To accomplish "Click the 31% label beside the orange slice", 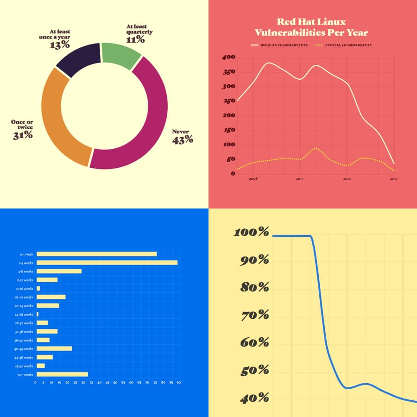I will [x=22, y=135].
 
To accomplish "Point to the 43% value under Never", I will [x=183, y=139].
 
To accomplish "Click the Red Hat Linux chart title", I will [x=311, y=27].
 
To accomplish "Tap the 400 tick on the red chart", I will [x=229, y=57].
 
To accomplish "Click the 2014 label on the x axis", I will [x=347, y=178].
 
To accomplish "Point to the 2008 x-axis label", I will [x=253, y=178].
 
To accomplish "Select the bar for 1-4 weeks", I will [x=107, y=263].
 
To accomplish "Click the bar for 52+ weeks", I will [x=62, y=374].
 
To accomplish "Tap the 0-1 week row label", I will [x=26, y=254].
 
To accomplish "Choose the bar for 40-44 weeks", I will [x=54, y=348].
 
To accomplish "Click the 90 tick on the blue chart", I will [x=178, y=383].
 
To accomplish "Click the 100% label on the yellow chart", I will [x=251, y=232].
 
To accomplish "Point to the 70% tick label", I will [x=254, y=316].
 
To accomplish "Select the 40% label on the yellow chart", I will [x=254, y=398].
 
